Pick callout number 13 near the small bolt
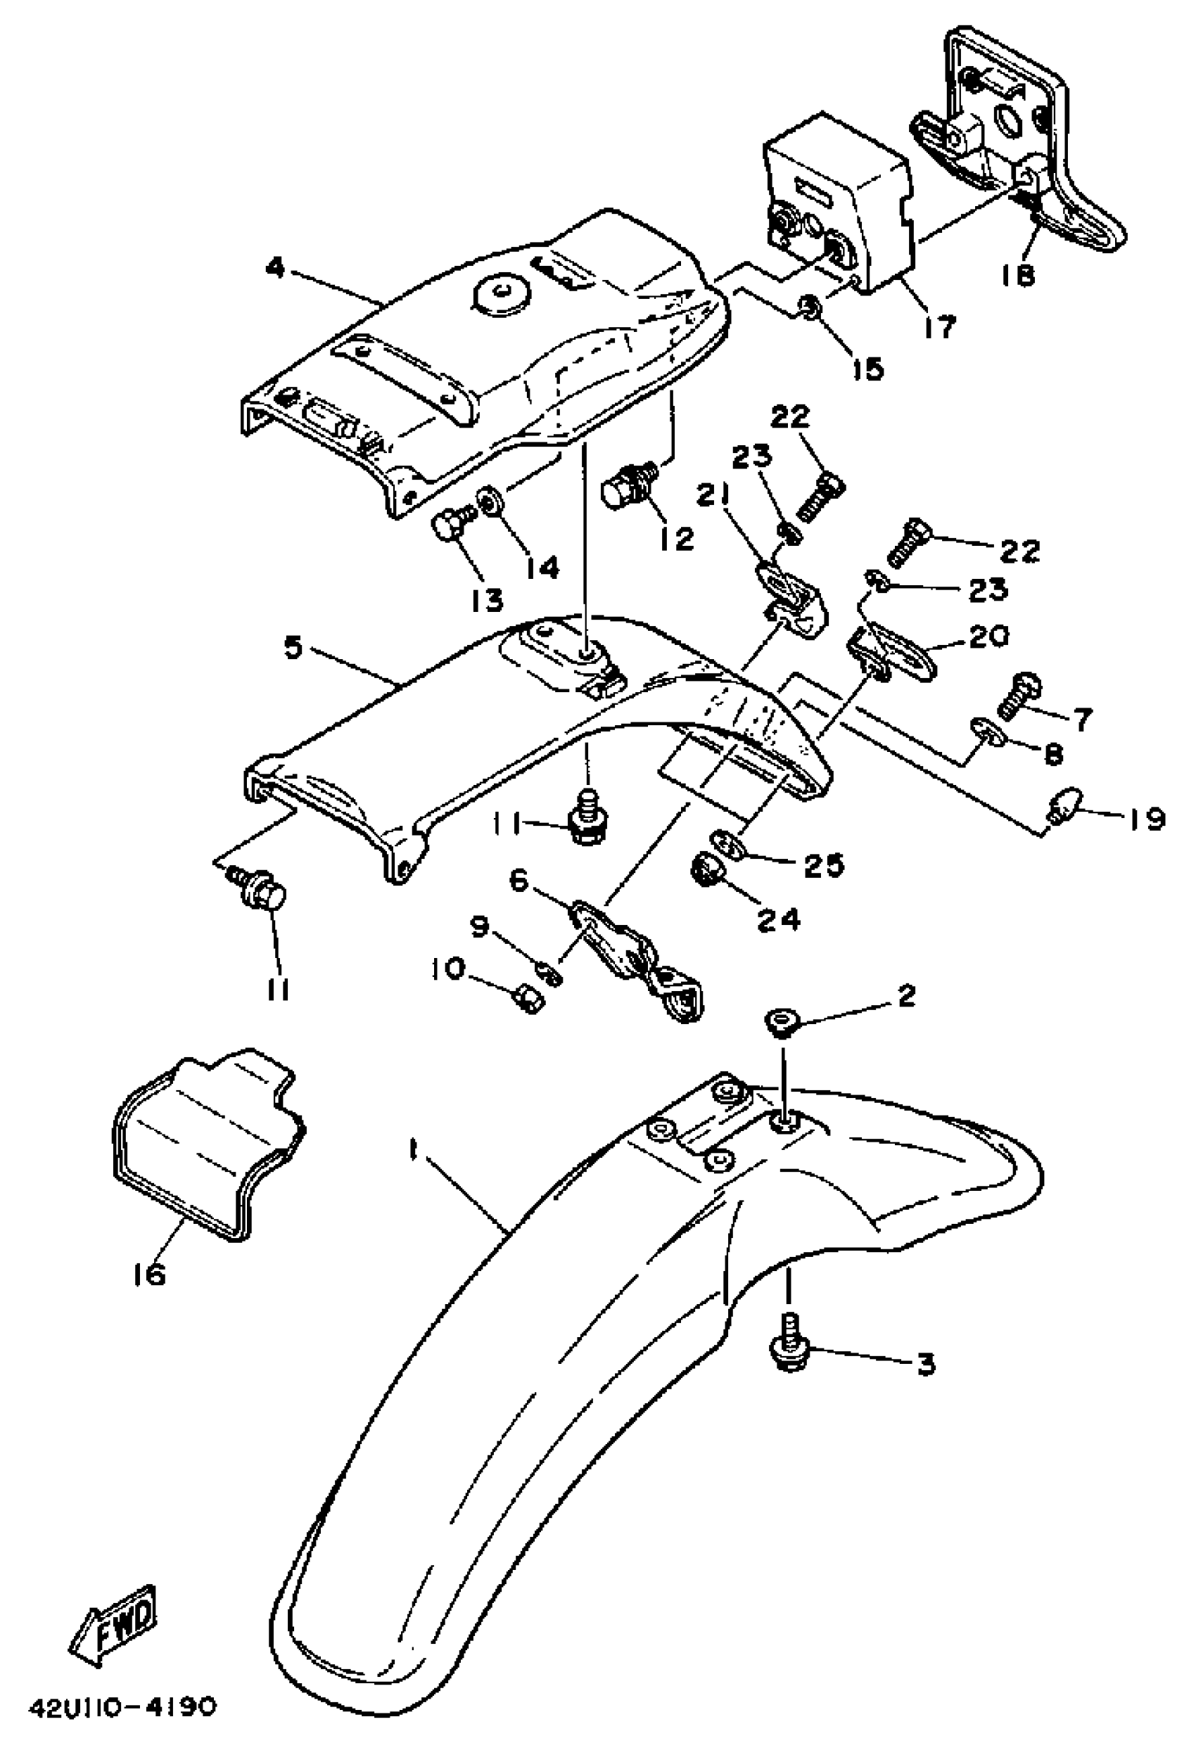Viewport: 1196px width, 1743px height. tap(488, 599)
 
